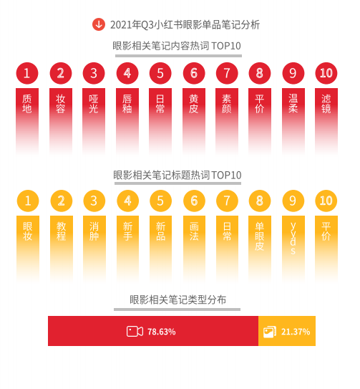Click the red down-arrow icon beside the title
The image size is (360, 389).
(99, 24)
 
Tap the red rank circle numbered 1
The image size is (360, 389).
(27, 73)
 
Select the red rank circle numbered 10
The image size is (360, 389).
(326, 73)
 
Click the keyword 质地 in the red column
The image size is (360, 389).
(27, 104)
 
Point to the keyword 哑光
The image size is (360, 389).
(94, 104)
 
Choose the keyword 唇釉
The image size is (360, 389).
(127, 104)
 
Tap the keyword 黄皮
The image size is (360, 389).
(194, 104)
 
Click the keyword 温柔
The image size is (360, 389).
(293, 104)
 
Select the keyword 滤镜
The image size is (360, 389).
(326, 104)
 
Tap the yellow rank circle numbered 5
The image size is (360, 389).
(160, 201)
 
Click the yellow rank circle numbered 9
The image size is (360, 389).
(293, 201)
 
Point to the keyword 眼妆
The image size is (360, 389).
(28, 231)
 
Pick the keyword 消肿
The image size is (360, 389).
(94, 231)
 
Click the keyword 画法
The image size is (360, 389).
(194, 231)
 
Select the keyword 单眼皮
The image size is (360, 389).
(260, 236)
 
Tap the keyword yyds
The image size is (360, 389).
(293, 238)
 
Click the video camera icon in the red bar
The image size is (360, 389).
(135, 332)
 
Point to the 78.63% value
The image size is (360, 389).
(162, 332)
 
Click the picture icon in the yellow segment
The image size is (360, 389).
(270, 332)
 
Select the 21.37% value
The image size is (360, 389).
(296, 332)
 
